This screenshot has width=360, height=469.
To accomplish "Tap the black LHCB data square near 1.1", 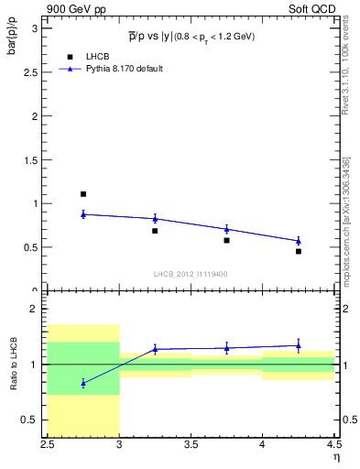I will pyautogui.click(x=83, y=194).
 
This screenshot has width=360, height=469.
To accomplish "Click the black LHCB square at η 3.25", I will pyautogui.click(x=155, y=231).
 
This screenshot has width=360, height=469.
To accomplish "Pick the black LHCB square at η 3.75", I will pyautogui.click(x=226, y=240).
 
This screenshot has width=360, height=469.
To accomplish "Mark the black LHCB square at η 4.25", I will pyautogui.click(x=298, y=251).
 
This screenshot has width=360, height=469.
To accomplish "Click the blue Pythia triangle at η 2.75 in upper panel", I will pyautogui.click(x=83, y=213).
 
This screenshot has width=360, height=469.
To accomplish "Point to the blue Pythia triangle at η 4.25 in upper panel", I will pyautogui.click(x=298, y=240).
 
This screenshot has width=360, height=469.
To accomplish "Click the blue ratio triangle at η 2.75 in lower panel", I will pyautogui.click(x=83, y=383).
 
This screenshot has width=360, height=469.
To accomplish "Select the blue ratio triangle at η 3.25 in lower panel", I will pyautogui.click(x=155, y=349).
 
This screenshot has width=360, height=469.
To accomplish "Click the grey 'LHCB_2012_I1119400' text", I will pyautogui.click(x=191, y=274).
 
